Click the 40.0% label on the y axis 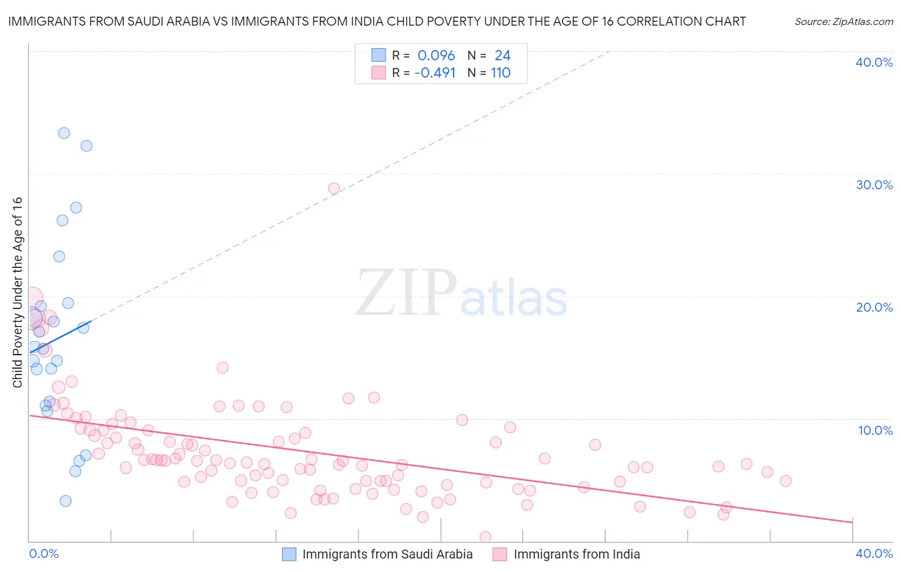874,62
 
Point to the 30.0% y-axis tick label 874,185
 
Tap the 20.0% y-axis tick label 874,307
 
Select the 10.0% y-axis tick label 875,430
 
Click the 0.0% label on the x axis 44,553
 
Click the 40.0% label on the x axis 874,553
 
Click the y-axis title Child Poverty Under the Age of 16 17,292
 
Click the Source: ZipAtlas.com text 843,22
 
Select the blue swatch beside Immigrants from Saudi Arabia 290,554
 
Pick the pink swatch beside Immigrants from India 500,554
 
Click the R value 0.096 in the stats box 436,56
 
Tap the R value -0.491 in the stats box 435,73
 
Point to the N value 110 500,73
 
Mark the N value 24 502,56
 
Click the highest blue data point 64,133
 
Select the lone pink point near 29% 334,189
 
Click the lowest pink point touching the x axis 485,537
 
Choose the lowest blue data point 65,501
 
